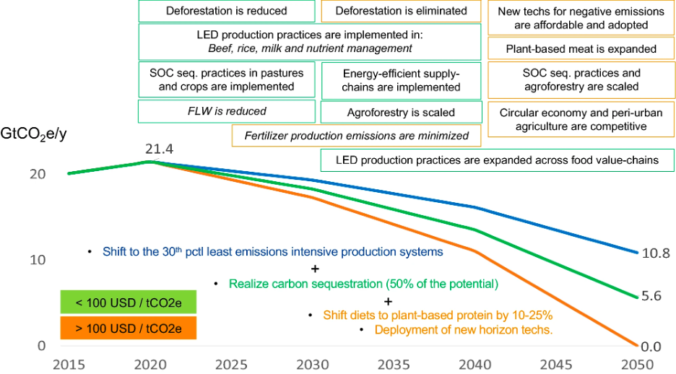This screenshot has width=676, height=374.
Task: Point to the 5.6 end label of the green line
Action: click(651, 296)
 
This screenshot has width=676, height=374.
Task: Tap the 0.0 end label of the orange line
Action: click(651, 347)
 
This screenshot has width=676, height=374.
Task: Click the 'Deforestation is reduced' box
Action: click(226, 11)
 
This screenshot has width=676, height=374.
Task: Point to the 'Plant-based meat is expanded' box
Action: click(581, 49)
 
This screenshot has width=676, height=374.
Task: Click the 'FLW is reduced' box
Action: click(226, 111)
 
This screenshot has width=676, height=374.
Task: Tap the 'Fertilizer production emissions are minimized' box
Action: click(356, 135)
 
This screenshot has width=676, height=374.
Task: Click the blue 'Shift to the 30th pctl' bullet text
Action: click(272, 252)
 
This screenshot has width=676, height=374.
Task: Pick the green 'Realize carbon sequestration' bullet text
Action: click(363, 284)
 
